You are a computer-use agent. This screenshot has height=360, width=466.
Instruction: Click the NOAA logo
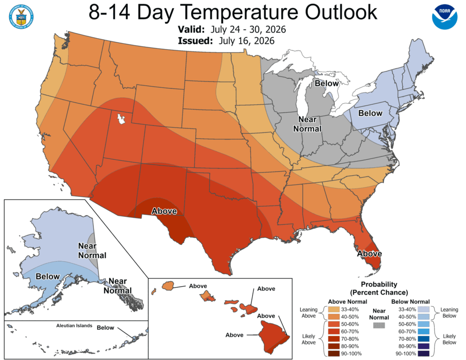445,16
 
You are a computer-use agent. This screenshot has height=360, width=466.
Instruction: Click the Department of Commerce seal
21,17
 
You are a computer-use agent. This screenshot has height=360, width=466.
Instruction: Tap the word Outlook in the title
341,12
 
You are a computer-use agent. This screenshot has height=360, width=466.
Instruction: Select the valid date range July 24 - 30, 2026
248,30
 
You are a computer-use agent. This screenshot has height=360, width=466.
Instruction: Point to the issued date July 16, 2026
247,41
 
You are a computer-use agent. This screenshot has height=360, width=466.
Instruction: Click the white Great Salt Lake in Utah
121,119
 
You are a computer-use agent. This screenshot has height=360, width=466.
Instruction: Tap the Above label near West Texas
164,211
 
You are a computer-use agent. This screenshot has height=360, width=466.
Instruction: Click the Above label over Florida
370,254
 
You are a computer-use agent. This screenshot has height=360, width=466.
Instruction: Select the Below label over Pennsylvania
370,113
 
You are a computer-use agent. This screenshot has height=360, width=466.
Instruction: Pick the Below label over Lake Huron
327,83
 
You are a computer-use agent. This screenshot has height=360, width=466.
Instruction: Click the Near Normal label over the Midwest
307,124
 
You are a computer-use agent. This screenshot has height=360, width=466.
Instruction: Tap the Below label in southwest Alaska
47,276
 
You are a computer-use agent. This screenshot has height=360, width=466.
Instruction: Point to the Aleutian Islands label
74,325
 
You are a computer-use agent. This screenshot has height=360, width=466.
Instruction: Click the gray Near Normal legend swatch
379,325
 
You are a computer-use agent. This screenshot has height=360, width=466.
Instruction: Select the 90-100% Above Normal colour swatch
334,354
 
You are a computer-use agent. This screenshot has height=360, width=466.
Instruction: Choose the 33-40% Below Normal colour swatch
424,309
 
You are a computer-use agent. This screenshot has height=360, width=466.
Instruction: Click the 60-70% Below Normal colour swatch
424,331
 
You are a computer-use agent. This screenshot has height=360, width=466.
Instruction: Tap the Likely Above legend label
309,339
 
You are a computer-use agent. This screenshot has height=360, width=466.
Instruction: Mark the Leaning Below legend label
449,313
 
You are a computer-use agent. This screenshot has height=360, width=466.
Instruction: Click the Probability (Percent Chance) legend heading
379,288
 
